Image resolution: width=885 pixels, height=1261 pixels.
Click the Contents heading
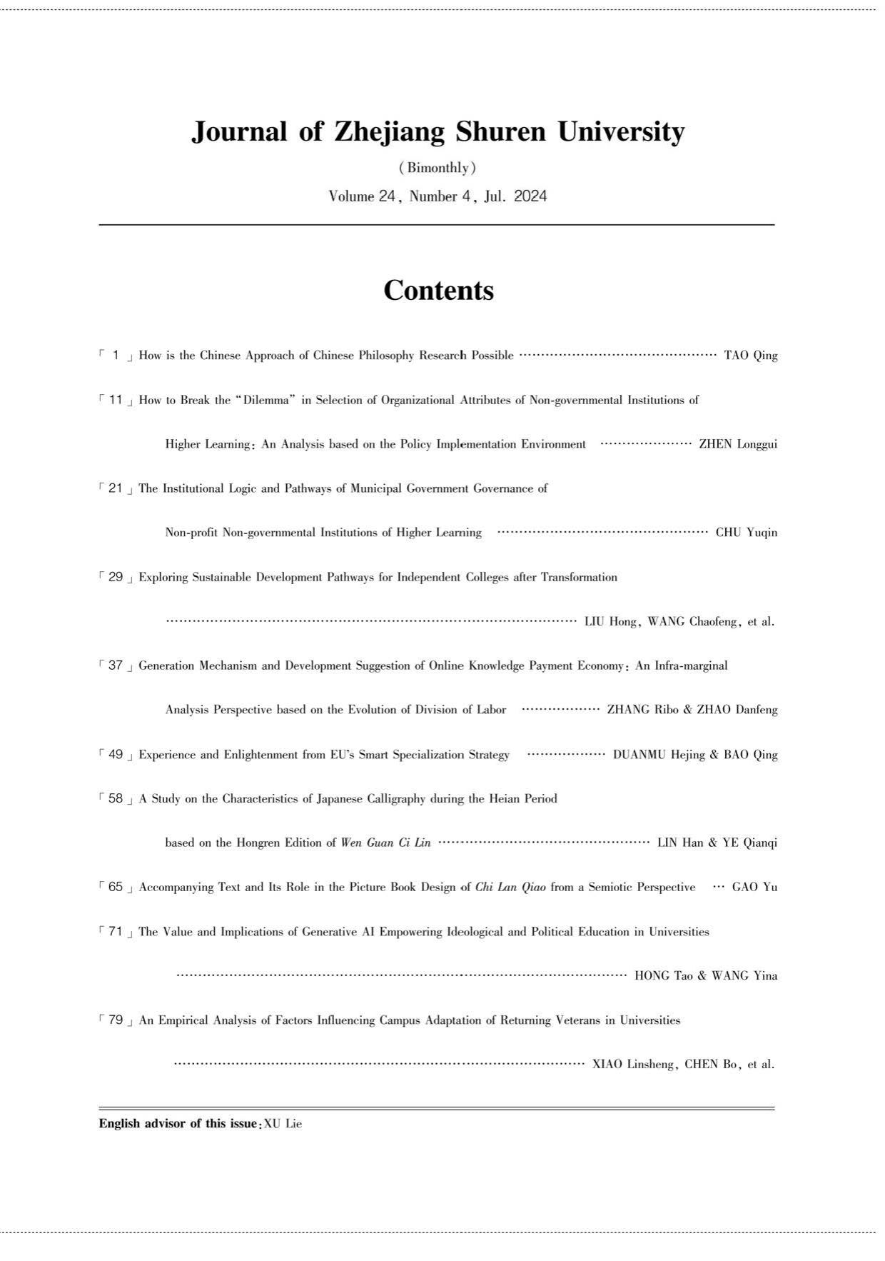click(x=438, y=291)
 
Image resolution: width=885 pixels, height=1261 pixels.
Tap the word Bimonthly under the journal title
click(x=438, y=169)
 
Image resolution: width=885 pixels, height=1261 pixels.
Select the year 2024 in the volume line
click(x=530, y=196)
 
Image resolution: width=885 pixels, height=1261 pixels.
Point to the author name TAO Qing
click(x=751, y=356)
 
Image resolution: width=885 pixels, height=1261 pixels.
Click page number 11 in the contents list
click(x=116, y=400)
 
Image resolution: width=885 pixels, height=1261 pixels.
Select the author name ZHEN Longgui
click(x=738, y=444)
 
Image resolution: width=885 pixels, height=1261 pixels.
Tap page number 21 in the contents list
click(x=116, y=488)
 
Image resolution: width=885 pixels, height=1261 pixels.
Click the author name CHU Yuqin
click(x=747, y=533)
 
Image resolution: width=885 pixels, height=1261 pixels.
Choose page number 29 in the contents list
click(x=116, y=577)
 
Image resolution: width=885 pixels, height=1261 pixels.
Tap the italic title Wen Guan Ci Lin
click(x=386, y=843)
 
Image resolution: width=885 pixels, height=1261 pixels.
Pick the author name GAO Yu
click(x=754, y=888)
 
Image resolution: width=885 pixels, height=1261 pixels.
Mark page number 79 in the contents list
click(x=116, y=1020)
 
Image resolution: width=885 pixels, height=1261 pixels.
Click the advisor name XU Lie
click(x=283, y=1124)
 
